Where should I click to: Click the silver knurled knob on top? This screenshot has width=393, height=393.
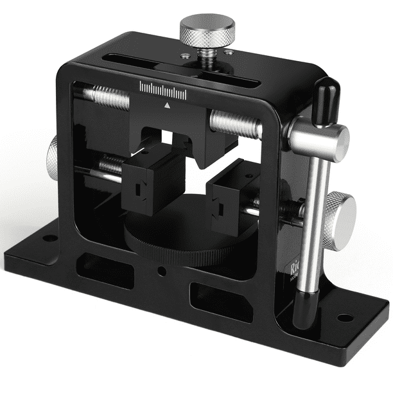pos(206,29)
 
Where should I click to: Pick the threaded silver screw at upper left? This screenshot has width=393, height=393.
pos(109,98)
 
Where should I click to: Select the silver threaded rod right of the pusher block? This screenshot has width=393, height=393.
pos(234,123)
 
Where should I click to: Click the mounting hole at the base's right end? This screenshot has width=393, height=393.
pos(344,317)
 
